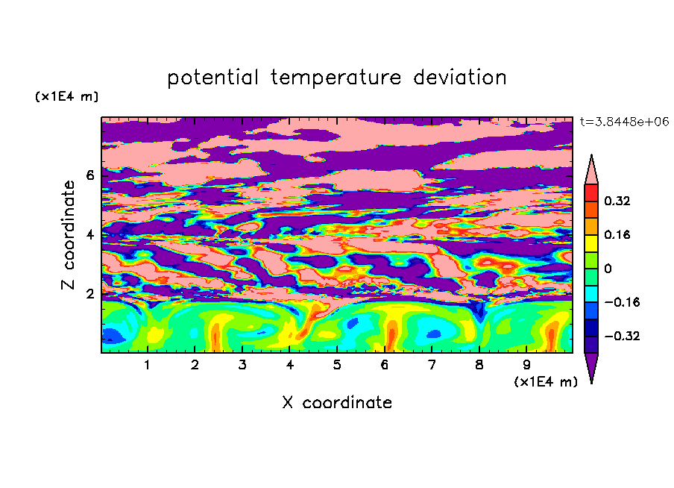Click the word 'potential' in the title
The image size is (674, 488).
click(x=212, y=78)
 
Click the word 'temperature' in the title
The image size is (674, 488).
click(x=336, y=78)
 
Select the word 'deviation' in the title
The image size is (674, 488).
click(x=460, y=77)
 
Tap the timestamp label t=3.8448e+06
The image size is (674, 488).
click(x=624, y=122)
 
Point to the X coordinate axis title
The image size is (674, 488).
click(x=337, y=402)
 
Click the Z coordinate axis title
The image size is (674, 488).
click(x=68, y=235)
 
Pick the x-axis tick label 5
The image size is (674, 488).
click(x=337, y=365)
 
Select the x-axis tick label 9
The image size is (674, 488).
click(x=526, y=365)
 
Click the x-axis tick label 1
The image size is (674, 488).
click(x=148, y=365)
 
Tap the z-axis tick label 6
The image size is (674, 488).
click(x=89, y=175)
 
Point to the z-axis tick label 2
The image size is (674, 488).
click(x=89, y=294)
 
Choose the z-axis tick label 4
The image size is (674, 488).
click(x=89, y=235)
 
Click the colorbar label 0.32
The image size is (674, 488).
click(x=617, y=201)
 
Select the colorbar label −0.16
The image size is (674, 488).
click(x=622, y=302)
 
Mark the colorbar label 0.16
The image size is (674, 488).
click(x=617, y=234)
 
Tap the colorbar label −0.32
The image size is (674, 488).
click(x=622, y=336)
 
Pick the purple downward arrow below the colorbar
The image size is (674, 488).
click(x=591, y=366)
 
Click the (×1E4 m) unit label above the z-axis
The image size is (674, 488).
click(x=66, y=96)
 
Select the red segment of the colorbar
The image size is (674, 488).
click(x=591, y=193)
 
